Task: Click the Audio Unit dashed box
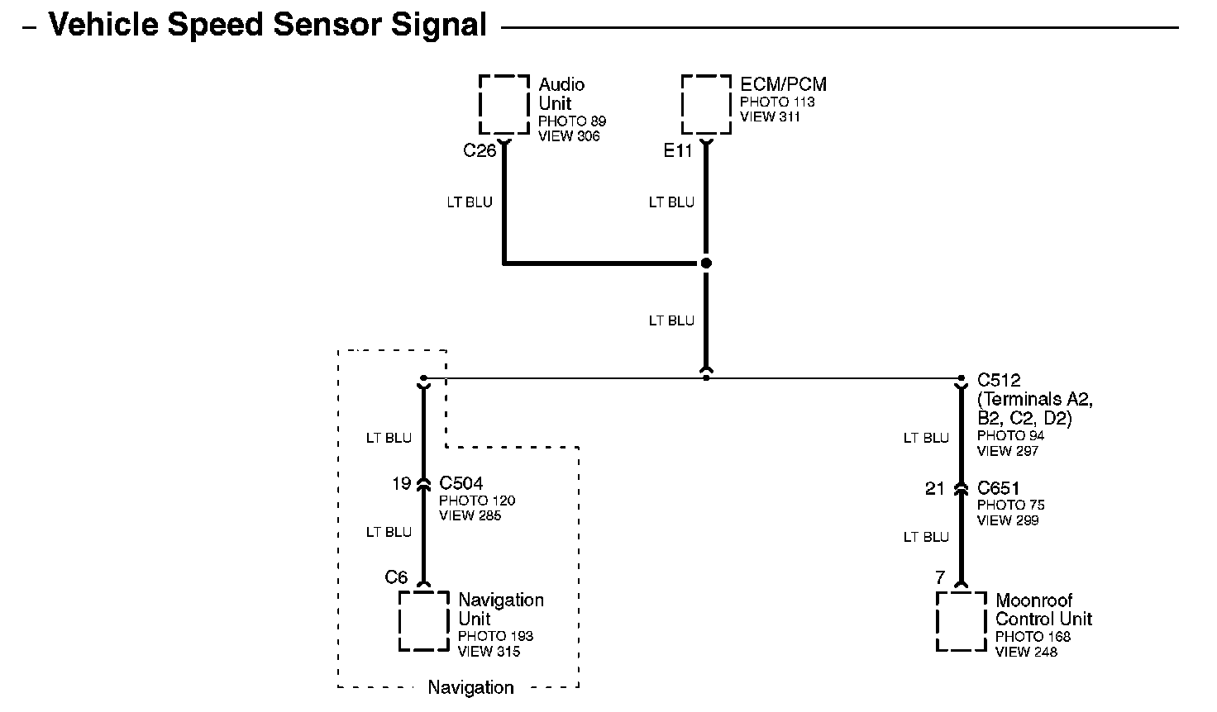tap(480, 104)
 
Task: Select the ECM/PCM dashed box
tap(682, 104)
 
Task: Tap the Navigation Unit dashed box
tap(400, 621)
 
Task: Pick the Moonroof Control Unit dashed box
tap(938, 621)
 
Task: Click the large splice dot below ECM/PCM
tap(706, 263)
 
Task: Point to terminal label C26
tap(480, 150)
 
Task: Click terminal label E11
tap(677, 150)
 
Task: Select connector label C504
tap(461, 483)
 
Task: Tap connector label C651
tap(998, 488)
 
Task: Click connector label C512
tap(999, 380)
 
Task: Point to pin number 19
tap(402, 483)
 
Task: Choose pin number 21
tap(934, 488)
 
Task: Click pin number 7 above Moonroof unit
tap(941, 577)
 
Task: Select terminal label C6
tap(396, 577)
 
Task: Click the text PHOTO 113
tap(777, 102)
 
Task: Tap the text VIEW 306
tap(569, 136)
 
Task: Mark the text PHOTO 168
tap(1033, 637)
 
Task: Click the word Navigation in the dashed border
tap(470, 687)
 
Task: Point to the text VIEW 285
tap(470, 515)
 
